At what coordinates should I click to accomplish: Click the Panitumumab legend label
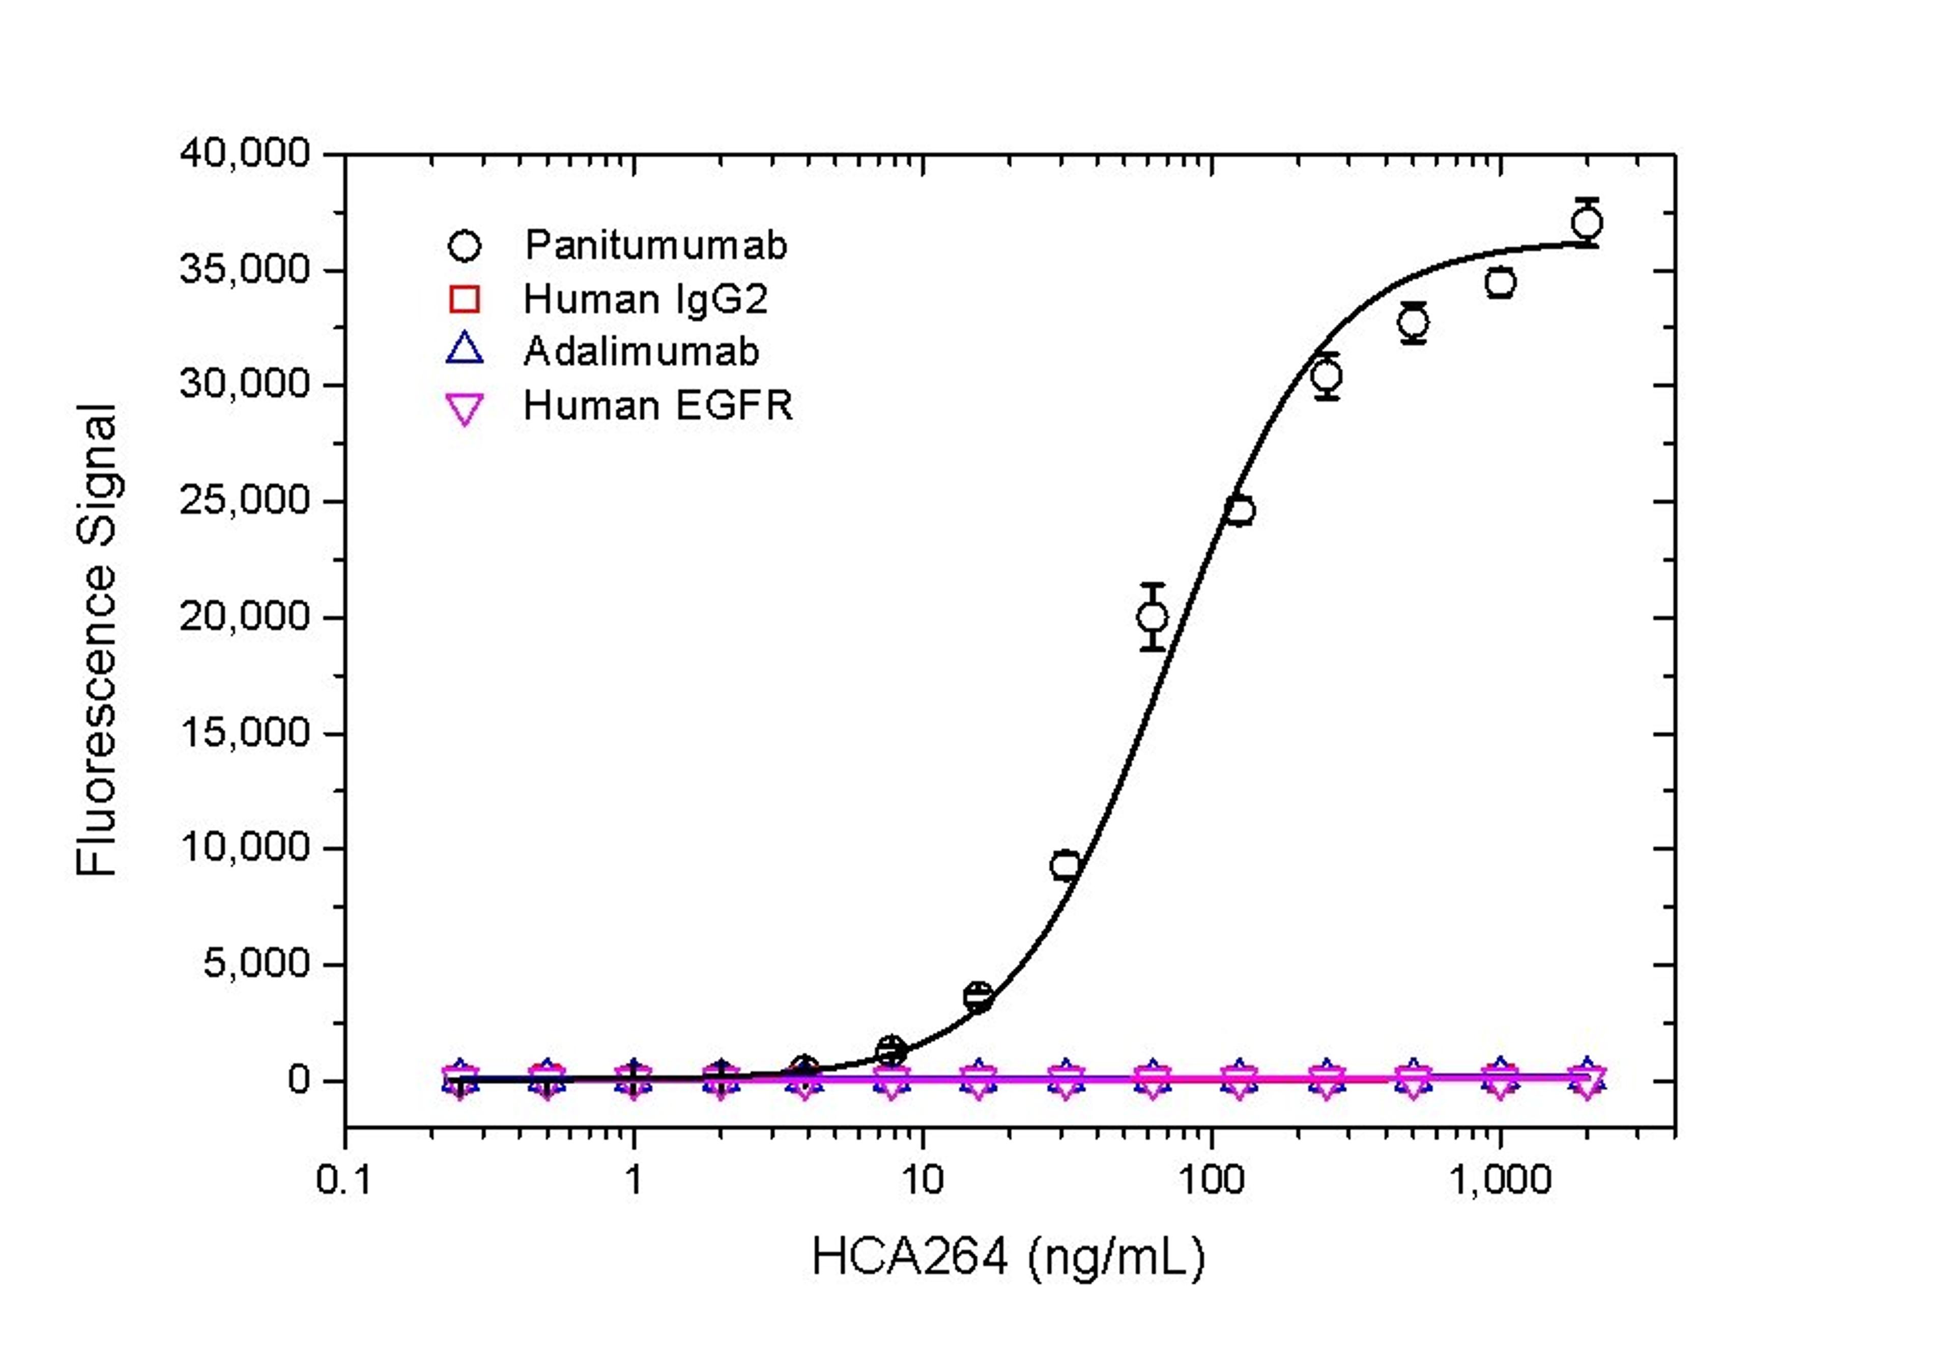(x=655, y=246)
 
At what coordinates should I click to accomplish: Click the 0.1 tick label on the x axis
(x=344, y=1180)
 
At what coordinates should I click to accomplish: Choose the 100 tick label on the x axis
(x=1211, y=1180)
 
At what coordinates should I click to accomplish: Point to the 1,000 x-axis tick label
(x=1500, y=1180)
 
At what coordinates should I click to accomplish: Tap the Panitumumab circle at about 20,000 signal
(x=1153, y=617)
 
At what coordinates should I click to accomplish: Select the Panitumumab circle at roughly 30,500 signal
(x=1327, y=375)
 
